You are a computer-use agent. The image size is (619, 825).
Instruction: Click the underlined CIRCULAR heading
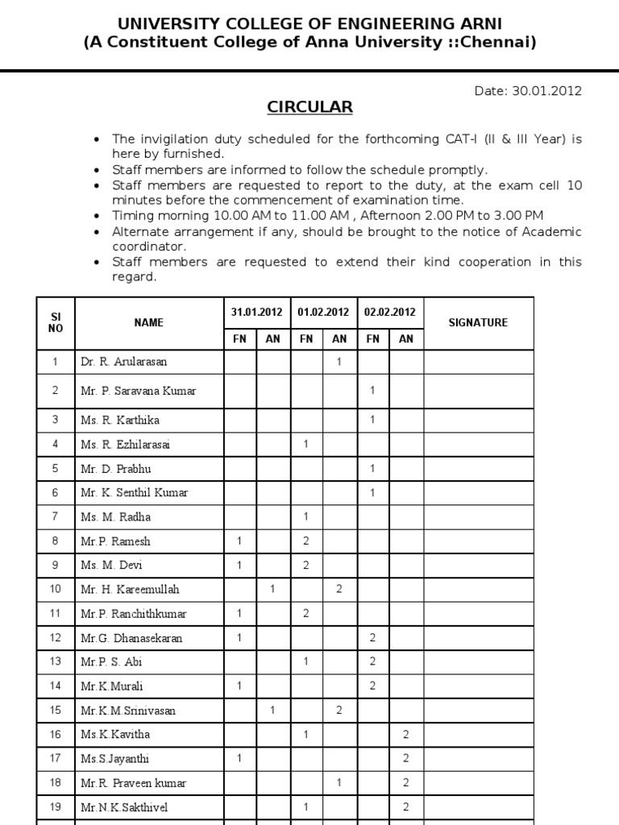point(310,107)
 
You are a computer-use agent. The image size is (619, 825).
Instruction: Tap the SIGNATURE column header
point(478,322)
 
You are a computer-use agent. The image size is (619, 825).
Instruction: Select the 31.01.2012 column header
point(255,312)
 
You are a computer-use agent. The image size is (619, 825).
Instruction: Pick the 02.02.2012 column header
point(389,312)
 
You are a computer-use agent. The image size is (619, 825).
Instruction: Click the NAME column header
point(148,322)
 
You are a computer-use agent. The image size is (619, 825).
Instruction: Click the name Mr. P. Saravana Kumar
point(138,391)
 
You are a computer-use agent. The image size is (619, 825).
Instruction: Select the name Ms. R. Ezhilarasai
point(125,444)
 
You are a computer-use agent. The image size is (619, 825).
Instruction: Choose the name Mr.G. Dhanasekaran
point(131,638)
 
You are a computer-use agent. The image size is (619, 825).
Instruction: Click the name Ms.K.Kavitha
point(115,735)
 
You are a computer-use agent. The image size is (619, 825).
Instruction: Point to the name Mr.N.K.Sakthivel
point(124,807)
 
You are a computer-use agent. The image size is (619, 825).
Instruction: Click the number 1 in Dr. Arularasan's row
point(339,363)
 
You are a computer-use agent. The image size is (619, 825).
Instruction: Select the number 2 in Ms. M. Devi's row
point(305,565)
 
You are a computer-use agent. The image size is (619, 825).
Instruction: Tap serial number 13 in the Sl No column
point(56,662)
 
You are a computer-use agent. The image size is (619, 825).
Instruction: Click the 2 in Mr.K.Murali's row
point(372,686)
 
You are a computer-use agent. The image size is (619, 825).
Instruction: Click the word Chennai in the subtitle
point(501,42)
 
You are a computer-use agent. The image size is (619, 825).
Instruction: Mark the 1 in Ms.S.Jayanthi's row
point(239,759)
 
